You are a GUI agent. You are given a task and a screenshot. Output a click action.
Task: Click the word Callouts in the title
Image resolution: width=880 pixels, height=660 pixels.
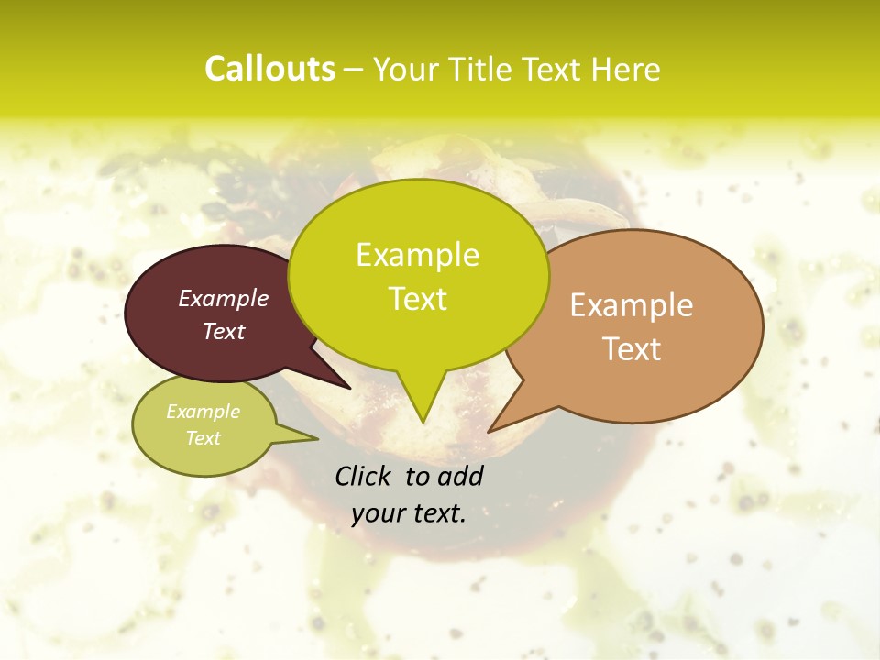(x=269, y=69)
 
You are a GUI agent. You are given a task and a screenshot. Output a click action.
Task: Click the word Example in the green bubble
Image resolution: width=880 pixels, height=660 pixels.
(x=417, y=255)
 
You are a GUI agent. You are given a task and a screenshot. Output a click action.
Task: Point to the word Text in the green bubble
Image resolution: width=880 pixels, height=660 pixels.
(x=417, y=299)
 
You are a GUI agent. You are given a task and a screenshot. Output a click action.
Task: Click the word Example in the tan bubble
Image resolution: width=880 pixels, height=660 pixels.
(x=632, y=305)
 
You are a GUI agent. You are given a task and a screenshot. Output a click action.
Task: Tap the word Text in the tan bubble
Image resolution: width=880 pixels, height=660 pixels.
(x=632, y=349)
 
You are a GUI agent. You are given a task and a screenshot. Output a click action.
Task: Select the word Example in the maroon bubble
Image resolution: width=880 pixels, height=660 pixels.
(x=223, y=299)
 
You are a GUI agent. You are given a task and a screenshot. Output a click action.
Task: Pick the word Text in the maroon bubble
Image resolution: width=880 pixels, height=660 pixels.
(x=223, y=332)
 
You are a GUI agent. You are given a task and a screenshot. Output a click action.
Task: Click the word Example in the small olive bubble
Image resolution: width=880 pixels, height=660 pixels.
(x=203, y=412)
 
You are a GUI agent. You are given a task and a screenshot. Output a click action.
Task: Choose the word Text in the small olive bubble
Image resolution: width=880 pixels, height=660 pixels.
(x=203, y=438)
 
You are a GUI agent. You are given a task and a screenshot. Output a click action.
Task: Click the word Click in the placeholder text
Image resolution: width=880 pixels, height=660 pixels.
(x=364, y=476)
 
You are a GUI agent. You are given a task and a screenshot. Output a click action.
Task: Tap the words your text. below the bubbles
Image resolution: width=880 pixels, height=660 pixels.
(x=408, y=513)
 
